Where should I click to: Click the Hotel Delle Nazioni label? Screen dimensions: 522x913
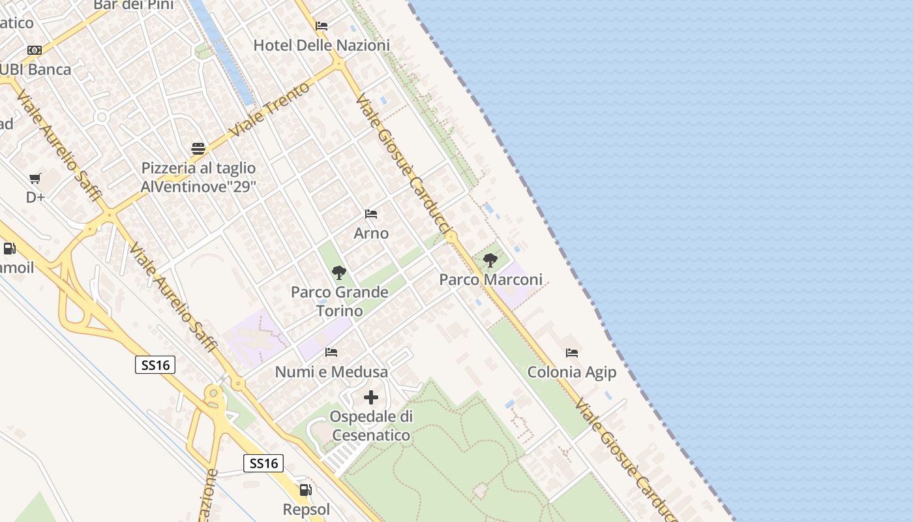point(321,46)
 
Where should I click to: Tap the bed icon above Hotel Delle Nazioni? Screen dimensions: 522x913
point(322,26)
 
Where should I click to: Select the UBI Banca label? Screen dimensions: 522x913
point(36,69)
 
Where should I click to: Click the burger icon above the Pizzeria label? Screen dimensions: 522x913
point(198,149)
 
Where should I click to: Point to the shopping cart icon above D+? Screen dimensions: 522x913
point(35,179)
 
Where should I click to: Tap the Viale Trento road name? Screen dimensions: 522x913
point(269,109)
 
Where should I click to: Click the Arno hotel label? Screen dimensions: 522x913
point(371,233)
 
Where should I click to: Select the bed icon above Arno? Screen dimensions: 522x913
point(371,214)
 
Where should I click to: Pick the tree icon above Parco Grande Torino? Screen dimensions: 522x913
point(338,273)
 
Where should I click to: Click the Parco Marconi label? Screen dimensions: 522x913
point(490,280)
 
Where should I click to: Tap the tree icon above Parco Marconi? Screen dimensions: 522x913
point(490,260)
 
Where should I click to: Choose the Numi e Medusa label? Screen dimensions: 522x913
point(331,372)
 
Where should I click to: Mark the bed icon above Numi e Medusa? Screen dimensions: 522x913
point(331,352)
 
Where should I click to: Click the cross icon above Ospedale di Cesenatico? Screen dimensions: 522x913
point(370,397)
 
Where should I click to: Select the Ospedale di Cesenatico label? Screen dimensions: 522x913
point(370,425)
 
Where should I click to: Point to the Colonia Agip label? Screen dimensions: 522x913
point(572,372)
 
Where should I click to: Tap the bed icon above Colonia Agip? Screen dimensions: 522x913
point(572,353)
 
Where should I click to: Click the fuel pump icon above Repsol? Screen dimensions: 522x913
point(305,490)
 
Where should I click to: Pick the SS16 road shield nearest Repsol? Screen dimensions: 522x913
point(264,463)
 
